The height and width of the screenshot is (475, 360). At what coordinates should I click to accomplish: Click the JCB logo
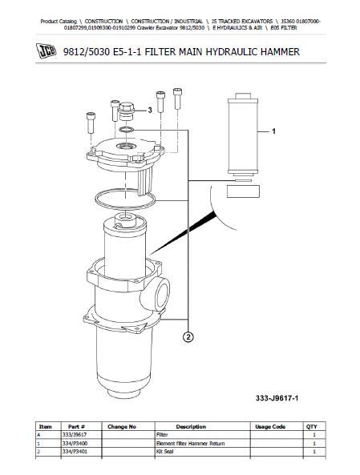click(46, 51)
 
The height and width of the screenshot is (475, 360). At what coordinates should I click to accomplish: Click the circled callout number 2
click(188, 337)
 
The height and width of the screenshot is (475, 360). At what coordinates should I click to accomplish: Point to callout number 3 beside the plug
click(150, 111)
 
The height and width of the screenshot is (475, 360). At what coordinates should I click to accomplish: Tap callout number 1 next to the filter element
click(273, 131)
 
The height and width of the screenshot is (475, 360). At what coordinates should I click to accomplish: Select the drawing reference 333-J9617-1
click(277, 398)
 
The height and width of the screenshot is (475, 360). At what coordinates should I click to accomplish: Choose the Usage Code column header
click(270, 426)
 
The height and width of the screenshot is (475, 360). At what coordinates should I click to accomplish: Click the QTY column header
click(311, 426)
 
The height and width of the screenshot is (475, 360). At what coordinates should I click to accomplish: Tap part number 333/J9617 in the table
click(75, 435)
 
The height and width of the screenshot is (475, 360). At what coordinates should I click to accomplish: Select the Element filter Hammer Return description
click(191, 444)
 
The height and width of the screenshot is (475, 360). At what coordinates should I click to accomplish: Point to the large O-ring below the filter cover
click(125, 199)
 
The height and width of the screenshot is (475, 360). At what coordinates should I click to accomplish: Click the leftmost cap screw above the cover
click(91, 123)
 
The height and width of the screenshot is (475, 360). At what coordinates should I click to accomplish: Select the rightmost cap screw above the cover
click(177, 99)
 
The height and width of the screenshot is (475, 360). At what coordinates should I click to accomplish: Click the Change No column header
click(122, 426)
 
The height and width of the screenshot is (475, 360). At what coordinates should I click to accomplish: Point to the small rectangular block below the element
click(243, 191)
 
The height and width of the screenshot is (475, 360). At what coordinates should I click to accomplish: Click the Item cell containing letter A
click(38, 435)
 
